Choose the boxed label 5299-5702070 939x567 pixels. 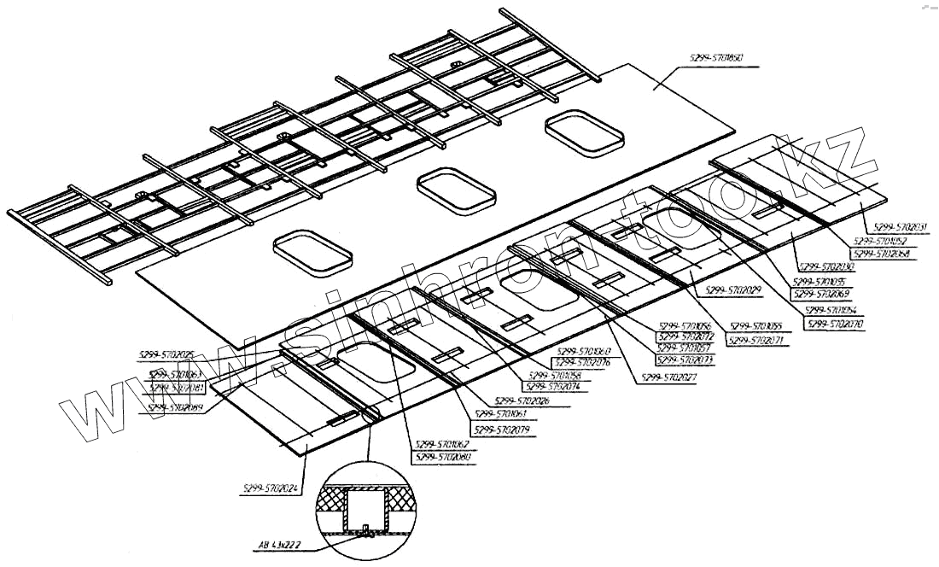834,324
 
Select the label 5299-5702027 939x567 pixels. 670,376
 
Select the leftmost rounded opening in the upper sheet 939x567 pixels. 313,252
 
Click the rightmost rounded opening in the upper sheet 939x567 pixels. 586,132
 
